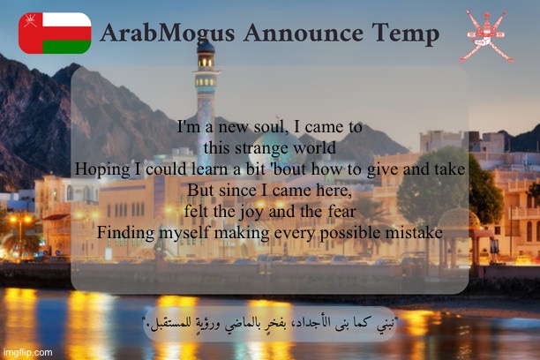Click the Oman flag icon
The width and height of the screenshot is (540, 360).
(55, 34)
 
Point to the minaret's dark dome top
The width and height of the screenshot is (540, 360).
(206, 46)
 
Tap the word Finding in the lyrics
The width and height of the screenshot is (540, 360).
(124, 232)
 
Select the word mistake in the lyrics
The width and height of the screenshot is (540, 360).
(412, 232)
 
